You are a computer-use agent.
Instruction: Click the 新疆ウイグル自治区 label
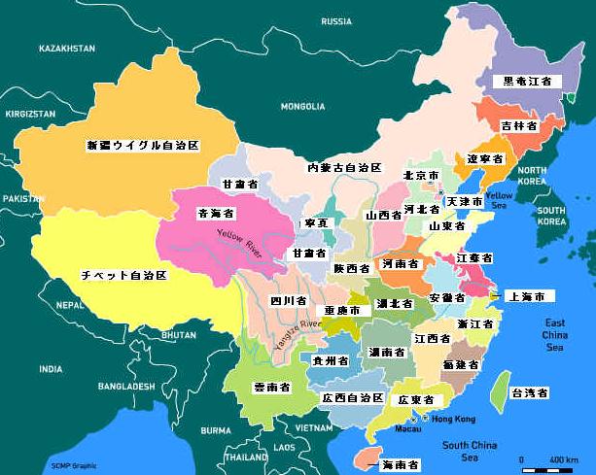pyautogui.click(x=143, y=145)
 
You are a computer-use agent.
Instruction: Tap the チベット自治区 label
pyautogui.click(x=123, y=276)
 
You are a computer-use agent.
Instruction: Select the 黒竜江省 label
pyautogui.click(x=527, y=82)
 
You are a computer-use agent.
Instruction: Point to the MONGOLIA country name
pyautogui.click(x=302, y=106)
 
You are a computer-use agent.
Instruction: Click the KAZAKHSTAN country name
pyautogui.click(x=67, y=48)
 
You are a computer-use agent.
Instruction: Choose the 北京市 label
pyautogui.click(x=421, y=176)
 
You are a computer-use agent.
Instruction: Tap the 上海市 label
pyautogui.click(x=532, y=295)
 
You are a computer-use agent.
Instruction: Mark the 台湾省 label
pyautogui.click(x=530, y=393)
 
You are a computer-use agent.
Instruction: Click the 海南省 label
pyautogui.click(x=400, y=465)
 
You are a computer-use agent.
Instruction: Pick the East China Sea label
pyautogui.click(x=555, y=334)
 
